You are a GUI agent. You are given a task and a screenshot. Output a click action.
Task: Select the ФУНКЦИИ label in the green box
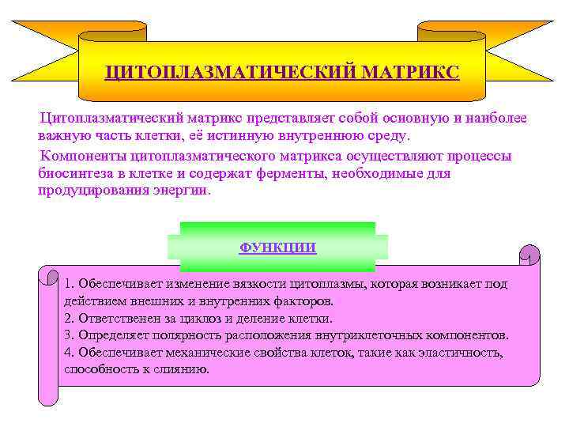click(277, 248)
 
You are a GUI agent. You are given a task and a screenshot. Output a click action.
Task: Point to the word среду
click(390, 136)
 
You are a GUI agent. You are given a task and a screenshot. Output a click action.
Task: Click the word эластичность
click(458, 353)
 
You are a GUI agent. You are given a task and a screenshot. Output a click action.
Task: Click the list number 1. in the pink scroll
click(70, 284)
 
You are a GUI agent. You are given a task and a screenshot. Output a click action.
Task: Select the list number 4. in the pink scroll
click(70, 353)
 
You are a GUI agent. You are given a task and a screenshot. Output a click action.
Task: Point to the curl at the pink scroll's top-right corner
click(529, 255)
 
